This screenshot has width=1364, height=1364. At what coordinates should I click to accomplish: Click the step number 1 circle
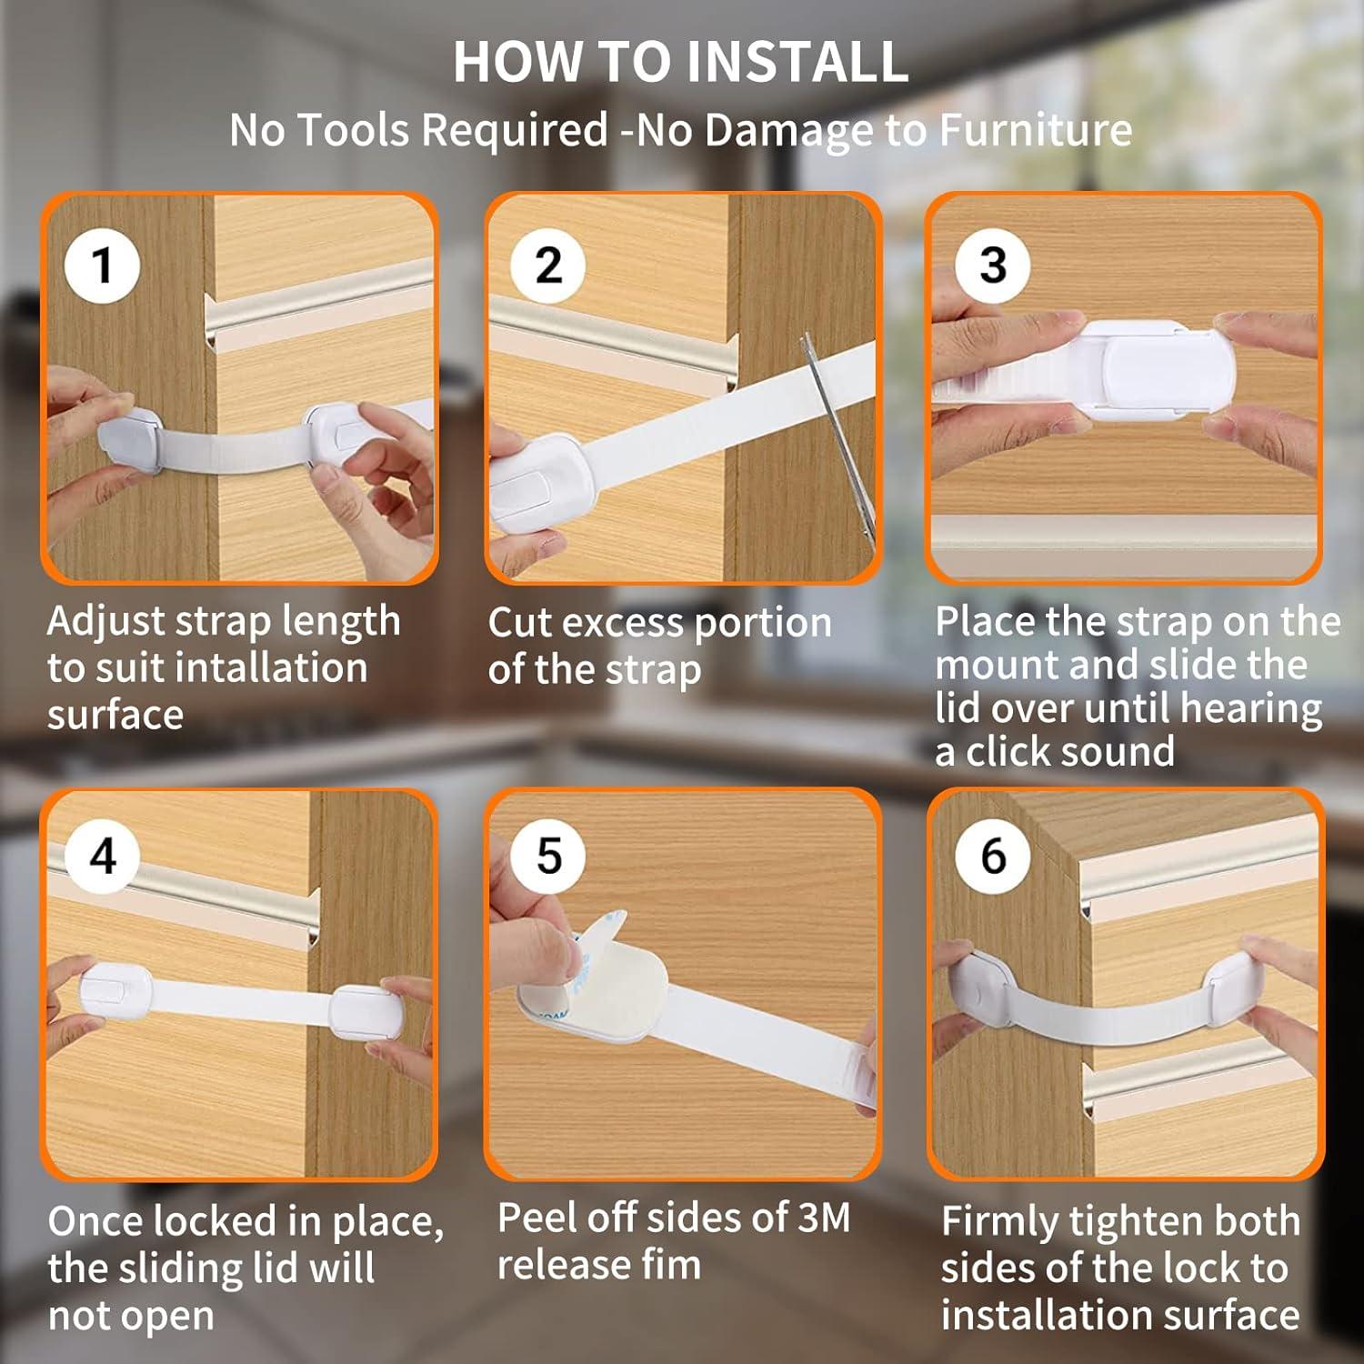102,266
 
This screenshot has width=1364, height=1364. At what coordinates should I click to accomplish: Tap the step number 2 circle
547,266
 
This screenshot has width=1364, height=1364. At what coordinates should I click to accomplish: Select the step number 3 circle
993,266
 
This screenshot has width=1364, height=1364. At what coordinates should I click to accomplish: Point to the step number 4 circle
103,856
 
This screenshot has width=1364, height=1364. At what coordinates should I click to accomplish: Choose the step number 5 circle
548,856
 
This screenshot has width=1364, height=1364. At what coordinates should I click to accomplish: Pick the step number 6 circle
993,856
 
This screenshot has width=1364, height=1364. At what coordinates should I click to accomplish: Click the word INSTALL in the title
797,62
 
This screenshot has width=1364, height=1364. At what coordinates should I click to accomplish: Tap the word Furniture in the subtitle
1035,130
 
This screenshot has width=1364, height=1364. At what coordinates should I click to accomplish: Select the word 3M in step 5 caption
824,1218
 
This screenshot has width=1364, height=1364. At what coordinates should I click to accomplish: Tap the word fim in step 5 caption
670,1264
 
